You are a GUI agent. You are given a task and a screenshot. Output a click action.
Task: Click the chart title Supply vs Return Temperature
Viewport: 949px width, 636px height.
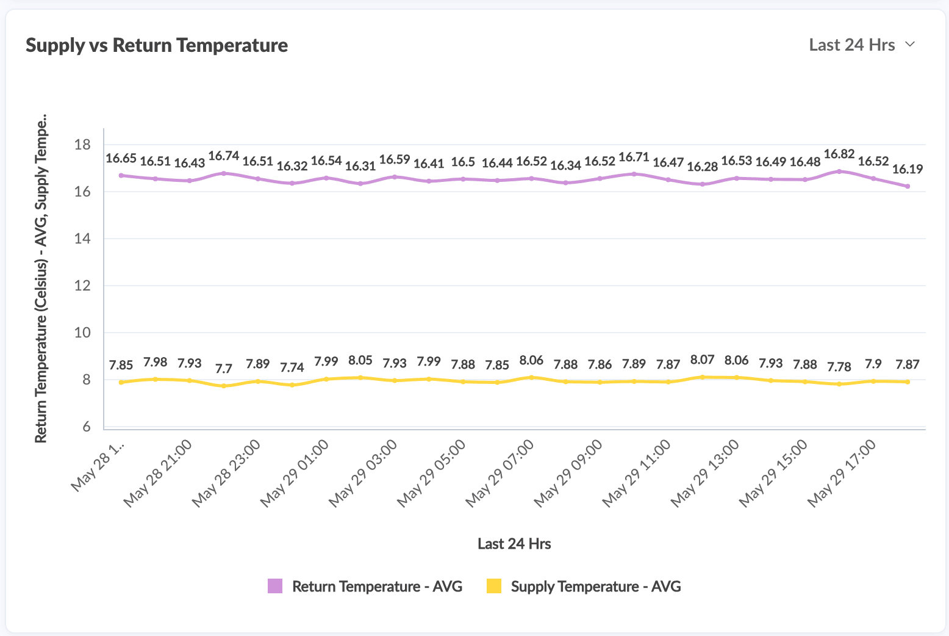pos(157,45)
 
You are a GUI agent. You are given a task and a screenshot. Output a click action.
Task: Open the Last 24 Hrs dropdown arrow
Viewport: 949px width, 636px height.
pos(910,44)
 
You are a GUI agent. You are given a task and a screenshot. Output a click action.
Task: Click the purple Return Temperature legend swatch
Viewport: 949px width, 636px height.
pos(275,586)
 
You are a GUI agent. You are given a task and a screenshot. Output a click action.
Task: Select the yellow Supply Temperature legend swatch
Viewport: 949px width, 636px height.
pos(494,586)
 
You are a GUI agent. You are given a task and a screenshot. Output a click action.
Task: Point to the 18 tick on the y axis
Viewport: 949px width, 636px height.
pos(82,145)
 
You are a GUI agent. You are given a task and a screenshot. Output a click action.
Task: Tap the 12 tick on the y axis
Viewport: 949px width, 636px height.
pos(82,286)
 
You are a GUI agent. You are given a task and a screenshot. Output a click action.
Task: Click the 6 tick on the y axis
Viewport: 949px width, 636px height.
pos(86,427)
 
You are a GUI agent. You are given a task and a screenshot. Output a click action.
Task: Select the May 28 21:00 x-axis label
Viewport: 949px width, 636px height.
pos(159,473)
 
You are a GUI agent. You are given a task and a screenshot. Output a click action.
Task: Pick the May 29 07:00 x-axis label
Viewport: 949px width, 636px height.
pos(500,473)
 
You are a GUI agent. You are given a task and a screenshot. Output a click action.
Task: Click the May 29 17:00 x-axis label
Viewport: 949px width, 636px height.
pos(842,473)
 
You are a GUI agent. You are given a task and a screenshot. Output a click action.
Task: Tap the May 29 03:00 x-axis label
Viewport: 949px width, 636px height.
pos(363,473)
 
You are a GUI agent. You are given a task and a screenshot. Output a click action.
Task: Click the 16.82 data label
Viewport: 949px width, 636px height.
pos(839,154)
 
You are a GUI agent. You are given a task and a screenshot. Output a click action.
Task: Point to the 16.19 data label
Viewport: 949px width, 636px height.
pos(908,169)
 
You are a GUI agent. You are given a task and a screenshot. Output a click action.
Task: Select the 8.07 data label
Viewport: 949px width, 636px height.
pos(703,360)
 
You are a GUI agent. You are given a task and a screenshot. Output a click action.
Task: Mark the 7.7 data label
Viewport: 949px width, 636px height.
pos(224,369)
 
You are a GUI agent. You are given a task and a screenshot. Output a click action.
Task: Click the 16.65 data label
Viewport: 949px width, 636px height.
pos(121,159)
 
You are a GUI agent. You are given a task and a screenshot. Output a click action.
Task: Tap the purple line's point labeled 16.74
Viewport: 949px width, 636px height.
pos(224,173)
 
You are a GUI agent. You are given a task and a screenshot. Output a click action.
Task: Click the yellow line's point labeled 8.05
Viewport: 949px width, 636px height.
pos(360,378)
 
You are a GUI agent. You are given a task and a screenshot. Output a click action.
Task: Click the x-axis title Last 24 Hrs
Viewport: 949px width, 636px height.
pos(514,544)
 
